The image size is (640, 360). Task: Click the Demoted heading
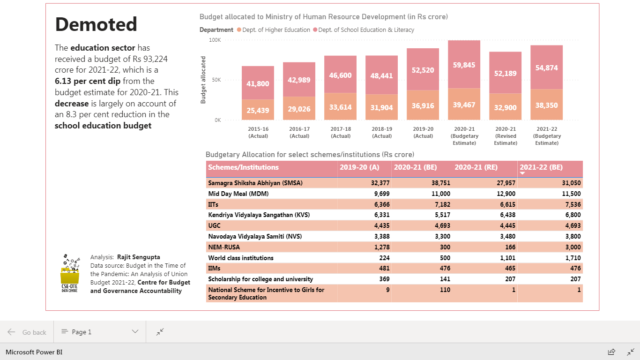pyautogui.click(x=96, y=24)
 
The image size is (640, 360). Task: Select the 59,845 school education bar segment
pyautogui.click(x=464, y=64)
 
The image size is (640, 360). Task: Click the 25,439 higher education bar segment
pyautogui.click(x=258, y=110)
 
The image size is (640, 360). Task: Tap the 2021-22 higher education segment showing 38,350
pyautogui.click(x=547, y=105)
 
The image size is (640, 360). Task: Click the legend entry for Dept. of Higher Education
pyautogui.click(x=274, y=30)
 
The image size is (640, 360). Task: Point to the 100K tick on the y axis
pyautogui.click(x=215, y=40)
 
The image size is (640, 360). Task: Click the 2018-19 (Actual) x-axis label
pyautogui.click(x=382, y=132)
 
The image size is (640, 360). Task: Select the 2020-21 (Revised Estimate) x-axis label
pyautogui.click(x=506, y=136)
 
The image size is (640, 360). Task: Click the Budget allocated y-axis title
pyautogui.click(x=203, y=80)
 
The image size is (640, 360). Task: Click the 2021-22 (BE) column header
pyautogui.click(x=541, y=167)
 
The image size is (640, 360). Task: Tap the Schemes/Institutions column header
pyautogui.click(x=243, y=167)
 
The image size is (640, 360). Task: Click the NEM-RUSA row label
pyautogui.click(x=224, y=247)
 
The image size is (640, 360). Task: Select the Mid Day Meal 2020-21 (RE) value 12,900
pyautogui.click(x=506, y=194)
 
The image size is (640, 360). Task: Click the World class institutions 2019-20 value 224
pyautogui.click(x=384, y=258)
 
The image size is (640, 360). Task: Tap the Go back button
pyautogui.click(x=27, y=332)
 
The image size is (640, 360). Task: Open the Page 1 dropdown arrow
pyautogui.click(x=135, y=332)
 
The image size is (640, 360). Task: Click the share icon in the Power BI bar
pyautogui.click(x=611, y=352)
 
